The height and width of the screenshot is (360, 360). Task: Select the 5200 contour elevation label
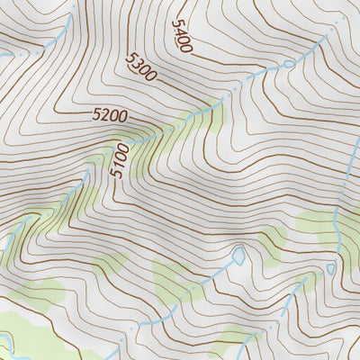(110, 115)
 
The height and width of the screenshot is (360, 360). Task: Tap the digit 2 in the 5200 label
(103, 115)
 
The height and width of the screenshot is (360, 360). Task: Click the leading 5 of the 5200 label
(96, 114)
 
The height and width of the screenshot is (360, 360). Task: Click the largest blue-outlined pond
(238, 256)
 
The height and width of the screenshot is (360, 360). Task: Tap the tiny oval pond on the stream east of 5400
(288, 64)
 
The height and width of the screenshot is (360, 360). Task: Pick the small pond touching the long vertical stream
(330, 268)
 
